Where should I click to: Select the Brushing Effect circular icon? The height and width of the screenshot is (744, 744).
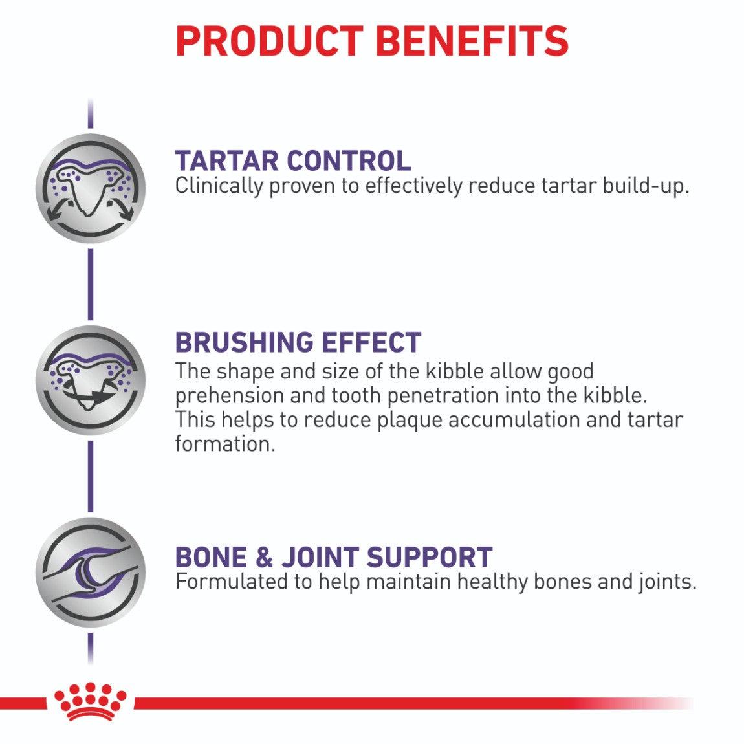tap(90, 380)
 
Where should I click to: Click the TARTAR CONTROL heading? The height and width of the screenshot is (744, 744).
tap(292, 160)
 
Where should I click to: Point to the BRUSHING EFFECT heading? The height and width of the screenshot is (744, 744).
tap(298, 342)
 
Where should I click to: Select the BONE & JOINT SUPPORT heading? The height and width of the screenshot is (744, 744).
tap(333, 557)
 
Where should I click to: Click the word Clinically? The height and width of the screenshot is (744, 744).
tap(219, 186)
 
